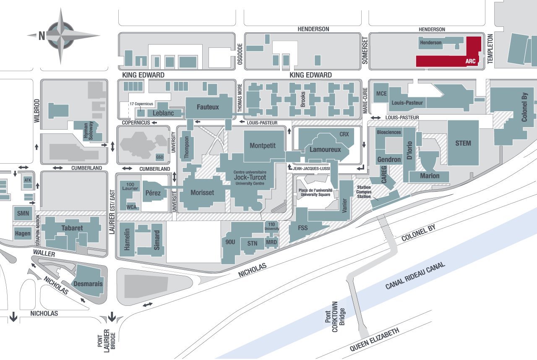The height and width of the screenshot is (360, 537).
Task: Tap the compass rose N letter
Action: (42, 36)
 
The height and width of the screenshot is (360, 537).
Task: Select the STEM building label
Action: (463, 143)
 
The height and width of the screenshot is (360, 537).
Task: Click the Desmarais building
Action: (88, 284)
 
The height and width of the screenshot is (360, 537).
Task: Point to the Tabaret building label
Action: (72, 228)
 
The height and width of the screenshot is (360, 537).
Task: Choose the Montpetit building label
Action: (263, 146)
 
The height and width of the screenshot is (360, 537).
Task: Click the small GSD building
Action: (159, 157)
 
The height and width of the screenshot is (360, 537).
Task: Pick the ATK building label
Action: (28, 180)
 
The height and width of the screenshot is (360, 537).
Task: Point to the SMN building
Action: (23, 213)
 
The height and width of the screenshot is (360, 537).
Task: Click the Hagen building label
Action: (23, 233)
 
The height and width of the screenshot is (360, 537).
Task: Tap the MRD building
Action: (271, 243)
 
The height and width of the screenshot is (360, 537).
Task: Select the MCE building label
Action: (381, 93)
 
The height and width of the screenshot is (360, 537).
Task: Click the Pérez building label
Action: (154, 193)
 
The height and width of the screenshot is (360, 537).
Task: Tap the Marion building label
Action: (430, 176)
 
